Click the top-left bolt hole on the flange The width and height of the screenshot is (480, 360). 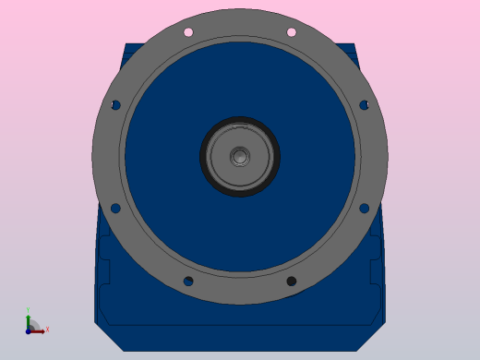pyautogui.click(x=188, y=32)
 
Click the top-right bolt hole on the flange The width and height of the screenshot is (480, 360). pyautogui.click(x=291, y=32)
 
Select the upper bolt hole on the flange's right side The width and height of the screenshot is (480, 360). pyautogui.click(x=364, y=105)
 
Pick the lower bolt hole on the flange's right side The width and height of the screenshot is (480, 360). pyautogui.click(x=364, y=208)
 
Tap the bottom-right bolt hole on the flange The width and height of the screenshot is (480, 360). pyautogui.click(x=291, y=281)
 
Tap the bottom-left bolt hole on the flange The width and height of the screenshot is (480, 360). pyautogui.click(x=188, y=281)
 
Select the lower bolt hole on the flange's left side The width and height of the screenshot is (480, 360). pyautogui.click(x=115, y=208)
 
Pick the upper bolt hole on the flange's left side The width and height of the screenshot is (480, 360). pyautogui.click(x=115, y=105)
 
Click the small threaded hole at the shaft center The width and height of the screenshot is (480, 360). pyautogui.click(x=240, y=156)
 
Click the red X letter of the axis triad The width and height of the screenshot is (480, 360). pyautogui.click(x=47, y=329)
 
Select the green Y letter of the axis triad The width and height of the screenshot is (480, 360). pyautogui.click(x=28, y=311)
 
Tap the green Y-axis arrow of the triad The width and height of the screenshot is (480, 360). pyautogui.click(x=29, y=320)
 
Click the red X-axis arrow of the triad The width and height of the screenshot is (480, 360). pyautogui.click(x=38, y=330)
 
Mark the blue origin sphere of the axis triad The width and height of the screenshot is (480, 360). pyautogui.click(x=29, y=330)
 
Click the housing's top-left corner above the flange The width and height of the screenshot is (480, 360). pyautogui.click(x=128, y=47)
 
